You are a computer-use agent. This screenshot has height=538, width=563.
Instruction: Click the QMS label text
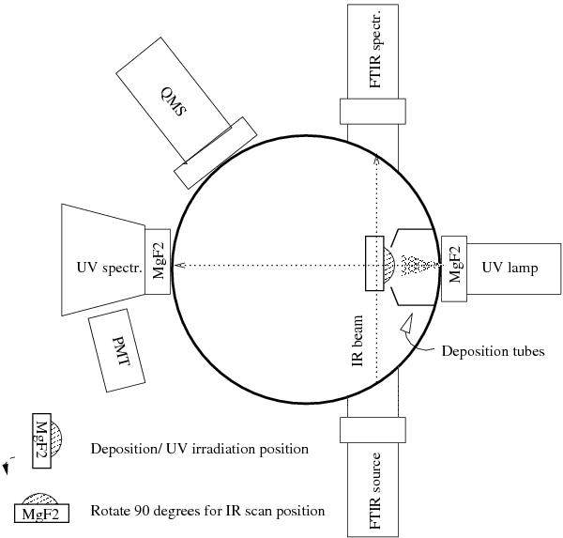[x=174, y=102]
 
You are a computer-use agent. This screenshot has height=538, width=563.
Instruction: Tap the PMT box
[x=116, y=350]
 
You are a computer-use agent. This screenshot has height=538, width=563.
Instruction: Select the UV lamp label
[x=510, y=269]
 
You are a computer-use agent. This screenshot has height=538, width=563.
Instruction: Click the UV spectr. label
[x=110, y=268]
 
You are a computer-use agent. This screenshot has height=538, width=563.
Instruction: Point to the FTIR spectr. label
[x=374, y=48]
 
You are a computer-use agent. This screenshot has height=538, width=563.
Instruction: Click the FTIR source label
[x=374, y=491]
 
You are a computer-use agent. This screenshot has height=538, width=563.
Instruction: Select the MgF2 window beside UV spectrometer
[x=158, y=262]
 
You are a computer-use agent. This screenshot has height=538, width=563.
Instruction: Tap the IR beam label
[x=358, y=341]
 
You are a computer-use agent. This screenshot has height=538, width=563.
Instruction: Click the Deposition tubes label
[x=493, y=351]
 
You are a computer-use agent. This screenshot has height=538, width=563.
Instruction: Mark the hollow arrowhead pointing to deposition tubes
[x=407, y=323]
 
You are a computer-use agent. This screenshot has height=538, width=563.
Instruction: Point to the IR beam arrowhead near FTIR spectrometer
[x=376, y=159]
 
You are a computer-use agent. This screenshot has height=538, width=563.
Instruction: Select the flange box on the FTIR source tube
[x=373, y=430]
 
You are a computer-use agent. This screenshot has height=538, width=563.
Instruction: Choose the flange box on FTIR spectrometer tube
[x=373, y=112]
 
